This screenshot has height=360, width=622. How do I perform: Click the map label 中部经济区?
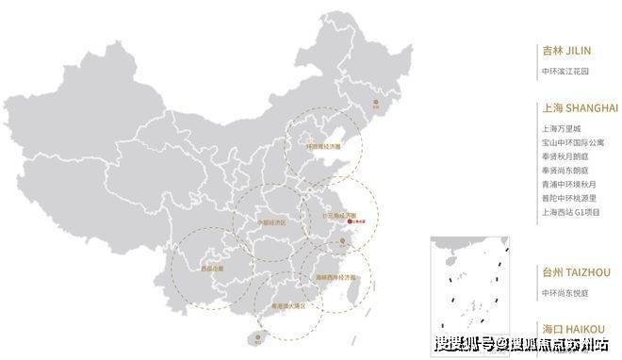271,222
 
